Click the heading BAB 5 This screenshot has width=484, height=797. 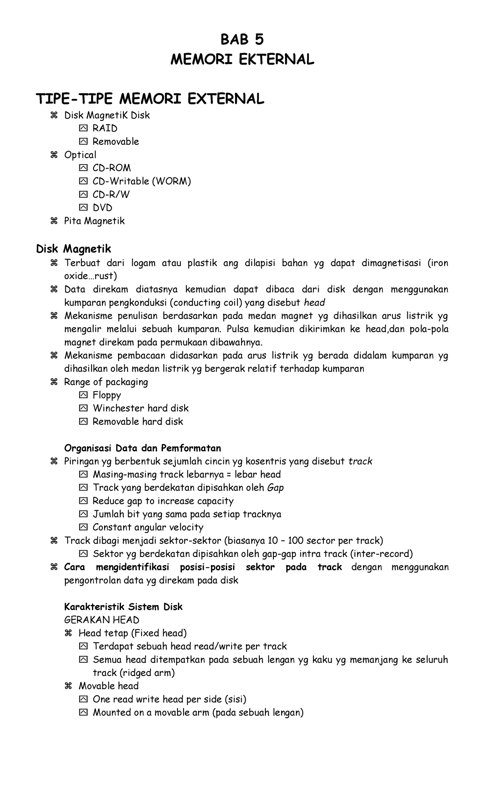[x=242, y=40]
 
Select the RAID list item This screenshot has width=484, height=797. [x=105, y=128]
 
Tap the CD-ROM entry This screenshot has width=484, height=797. [x=112, y=168]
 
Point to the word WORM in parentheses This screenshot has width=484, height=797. [x=171, y=181]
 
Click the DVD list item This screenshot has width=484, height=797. [x=102, y=208]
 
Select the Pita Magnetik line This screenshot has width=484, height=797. [x=94, y=221]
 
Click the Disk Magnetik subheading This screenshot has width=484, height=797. [x=73, y=248]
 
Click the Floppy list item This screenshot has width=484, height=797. [x=107, y=395]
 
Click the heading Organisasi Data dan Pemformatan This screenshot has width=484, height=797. [x=142, y=448]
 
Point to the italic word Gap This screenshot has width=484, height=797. [x=275, y=488]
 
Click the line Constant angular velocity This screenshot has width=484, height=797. [x=148, y=527]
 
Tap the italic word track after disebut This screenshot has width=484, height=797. [x=360, y=461]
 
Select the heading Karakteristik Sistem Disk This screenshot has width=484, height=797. [x=123, y=607]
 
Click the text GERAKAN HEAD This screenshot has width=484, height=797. [x=102, y=620]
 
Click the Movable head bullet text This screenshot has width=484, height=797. [x=108, y=686]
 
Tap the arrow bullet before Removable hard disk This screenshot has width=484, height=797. [x=83, y=421]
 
